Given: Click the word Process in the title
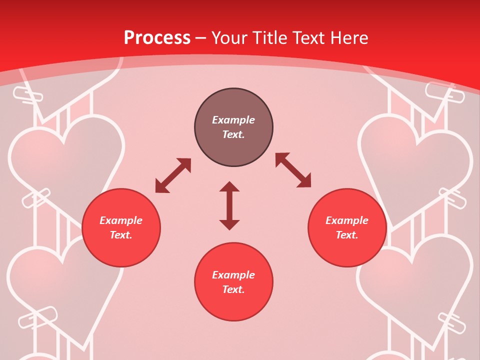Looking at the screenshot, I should tap(157, 38).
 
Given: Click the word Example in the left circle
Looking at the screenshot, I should tap(121, 220).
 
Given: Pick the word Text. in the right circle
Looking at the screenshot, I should tap(347, 235).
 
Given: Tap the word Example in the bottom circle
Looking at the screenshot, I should tap(233, 275).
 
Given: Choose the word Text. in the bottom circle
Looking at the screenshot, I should tap(233, 289).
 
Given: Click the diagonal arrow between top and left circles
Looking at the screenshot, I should tap(173, 175).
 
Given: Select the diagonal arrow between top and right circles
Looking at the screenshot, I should tap(293, 170).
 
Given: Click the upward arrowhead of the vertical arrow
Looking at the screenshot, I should tap(229, 187).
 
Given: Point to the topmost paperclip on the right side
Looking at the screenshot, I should tap(440, 92).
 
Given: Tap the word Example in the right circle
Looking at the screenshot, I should tap(347, 220).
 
